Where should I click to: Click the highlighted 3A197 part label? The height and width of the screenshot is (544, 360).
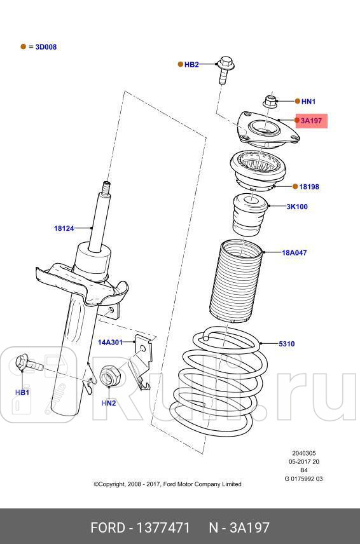coord(311,120)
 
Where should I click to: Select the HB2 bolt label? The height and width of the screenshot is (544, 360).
coord(191,64)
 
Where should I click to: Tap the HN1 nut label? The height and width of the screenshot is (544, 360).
coord(308,101)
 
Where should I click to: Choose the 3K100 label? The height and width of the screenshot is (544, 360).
coord(296,207)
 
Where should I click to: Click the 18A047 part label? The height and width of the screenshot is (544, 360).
coord(294,252)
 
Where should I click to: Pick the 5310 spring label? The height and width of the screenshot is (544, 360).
coord(287,344)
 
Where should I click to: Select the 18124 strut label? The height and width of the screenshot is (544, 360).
coord(64,228)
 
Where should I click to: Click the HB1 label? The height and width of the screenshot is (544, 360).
coord(22,393)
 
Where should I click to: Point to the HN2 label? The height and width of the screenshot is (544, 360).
coord(109,403)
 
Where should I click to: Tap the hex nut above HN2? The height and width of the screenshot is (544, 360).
coord(110,377)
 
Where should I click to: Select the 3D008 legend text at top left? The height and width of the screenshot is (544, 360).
coord(45,47)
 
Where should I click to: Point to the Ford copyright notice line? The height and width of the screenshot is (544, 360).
coord(167,484)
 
